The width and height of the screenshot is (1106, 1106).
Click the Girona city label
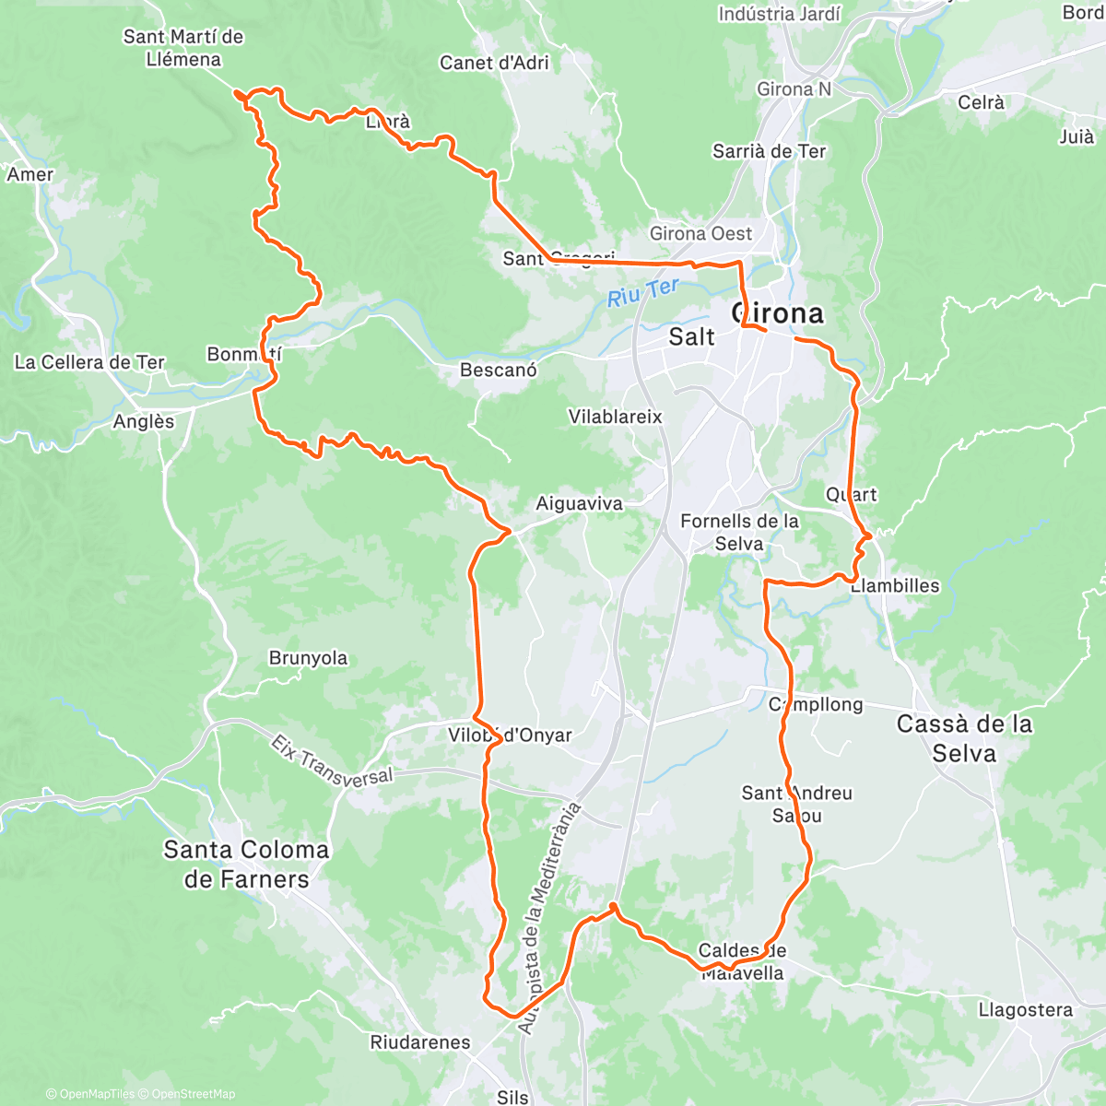pyautogui.click(x=778, y=313)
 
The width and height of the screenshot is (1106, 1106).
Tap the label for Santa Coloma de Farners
pyautogui.click(x=246, y=864)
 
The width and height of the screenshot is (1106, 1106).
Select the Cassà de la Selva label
pyautogui.click(x=964, y=738)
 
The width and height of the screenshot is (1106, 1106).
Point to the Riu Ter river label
pyautogui.click(x=643, y=293)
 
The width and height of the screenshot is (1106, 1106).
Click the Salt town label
pyautogui.click(x=691, y=337)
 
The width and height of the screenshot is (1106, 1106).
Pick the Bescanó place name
pyautogui.click(x=498, y=371)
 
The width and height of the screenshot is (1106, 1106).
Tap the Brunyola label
pyautogui.click(x=308, y=658)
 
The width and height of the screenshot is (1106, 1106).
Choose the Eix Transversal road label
pyautogui.click(x=332, y=761)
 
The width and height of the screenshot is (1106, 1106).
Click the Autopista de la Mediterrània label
pyautogui.click(x=550, y=918)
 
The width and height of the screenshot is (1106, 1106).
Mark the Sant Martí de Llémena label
pyautogui.click(x=183, y=48)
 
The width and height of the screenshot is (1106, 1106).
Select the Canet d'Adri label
pyautogui.click(x=494, y=63)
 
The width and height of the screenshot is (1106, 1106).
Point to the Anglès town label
pyautogui.click(x=144, y=421)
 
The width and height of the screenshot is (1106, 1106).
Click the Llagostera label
pyautogui.click(x=1026, y=1010)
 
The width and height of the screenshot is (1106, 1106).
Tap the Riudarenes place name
pyautogui.click(x=419, y=1042)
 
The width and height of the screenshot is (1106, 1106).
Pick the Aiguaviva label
pyautogui.click(x=579, y=504)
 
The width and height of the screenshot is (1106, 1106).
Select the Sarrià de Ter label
pyautogui.click(x=770, y=151)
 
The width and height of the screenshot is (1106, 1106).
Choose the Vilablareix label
pyautogui.click(x=615, y=417)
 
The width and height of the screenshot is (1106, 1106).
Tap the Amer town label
pyautogui.click(x=30, y=174)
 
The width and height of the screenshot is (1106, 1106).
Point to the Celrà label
pyautogui.click(x=981, y=102)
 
